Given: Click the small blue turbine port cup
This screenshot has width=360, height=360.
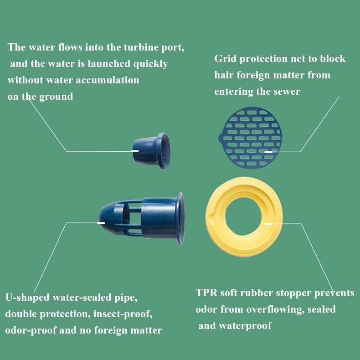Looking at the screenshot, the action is coord(152,150).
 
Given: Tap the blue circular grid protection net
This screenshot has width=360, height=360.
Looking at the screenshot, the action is coord(250,138).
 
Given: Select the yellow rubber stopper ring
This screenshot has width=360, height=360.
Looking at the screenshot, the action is coord(244,216).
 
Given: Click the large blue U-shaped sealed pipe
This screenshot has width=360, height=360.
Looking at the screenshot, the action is coord(142,218).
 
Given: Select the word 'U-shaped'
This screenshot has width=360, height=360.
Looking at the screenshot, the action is coord(27,298).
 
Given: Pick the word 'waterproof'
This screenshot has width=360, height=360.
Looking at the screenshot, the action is coord(245,326).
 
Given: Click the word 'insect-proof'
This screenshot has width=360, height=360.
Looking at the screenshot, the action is coord(123,314).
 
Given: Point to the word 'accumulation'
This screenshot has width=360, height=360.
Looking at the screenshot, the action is coord(107,80).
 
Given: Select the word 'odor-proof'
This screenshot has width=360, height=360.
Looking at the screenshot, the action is coord(31,330).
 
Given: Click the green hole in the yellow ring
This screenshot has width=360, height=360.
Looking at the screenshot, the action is coord(244,216).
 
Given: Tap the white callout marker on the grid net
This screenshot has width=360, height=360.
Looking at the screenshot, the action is coord(268,152).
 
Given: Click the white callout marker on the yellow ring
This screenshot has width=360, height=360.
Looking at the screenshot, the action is coord(268,223).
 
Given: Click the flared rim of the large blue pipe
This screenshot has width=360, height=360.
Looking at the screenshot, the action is coord(180,218).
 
